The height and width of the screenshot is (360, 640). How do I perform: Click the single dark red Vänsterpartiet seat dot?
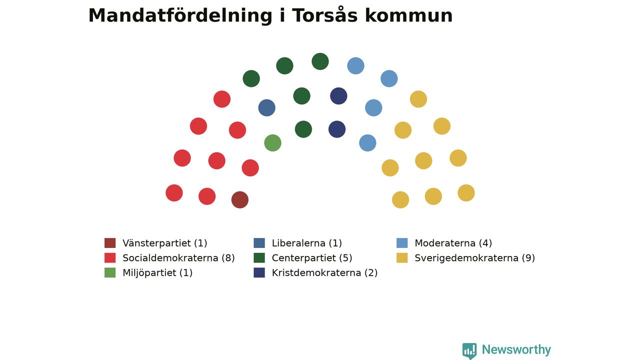(239, 199)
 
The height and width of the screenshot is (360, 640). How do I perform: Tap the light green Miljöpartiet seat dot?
(272, 143)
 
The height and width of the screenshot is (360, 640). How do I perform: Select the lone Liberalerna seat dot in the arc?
(266, 107)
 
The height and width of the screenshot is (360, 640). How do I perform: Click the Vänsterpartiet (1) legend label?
(165, 243)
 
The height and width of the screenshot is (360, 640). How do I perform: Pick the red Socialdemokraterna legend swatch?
(110, 257)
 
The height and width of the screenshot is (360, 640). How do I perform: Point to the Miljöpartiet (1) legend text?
(157, 273)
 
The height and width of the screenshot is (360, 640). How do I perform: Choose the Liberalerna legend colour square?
(259, 243)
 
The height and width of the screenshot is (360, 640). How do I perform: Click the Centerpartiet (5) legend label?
(312, 258)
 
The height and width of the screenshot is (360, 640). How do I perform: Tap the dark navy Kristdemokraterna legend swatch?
(259, 272)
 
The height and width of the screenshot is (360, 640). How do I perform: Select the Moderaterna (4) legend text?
(453, 243)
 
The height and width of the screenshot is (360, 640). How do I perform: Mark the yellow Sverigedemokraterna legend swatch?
(402, 257)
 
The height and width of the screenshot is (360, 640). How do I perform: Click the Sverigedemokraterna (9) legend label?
(474, 258)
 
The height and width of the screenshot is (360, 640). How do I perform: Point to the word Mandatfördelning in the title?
(180, 15)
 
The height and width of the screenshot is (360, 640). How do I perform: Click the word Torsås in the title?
(324, 15)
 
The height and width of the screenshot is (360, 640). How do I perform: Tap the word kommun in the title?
(409, 15)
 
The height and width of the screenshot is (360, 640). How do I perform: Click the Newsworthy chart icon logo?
(469, 351)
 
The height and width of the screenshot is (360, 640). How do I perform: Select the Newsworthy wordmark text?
(516, 349)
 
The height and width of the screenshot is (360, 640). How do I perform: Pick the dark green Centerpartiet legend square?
(259, 257)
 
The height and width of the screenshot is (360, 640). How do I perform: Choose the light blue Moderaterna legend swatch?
(402, 243)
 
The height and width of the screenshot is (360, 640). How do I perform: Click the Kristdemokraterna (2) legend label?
(324, 273)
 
